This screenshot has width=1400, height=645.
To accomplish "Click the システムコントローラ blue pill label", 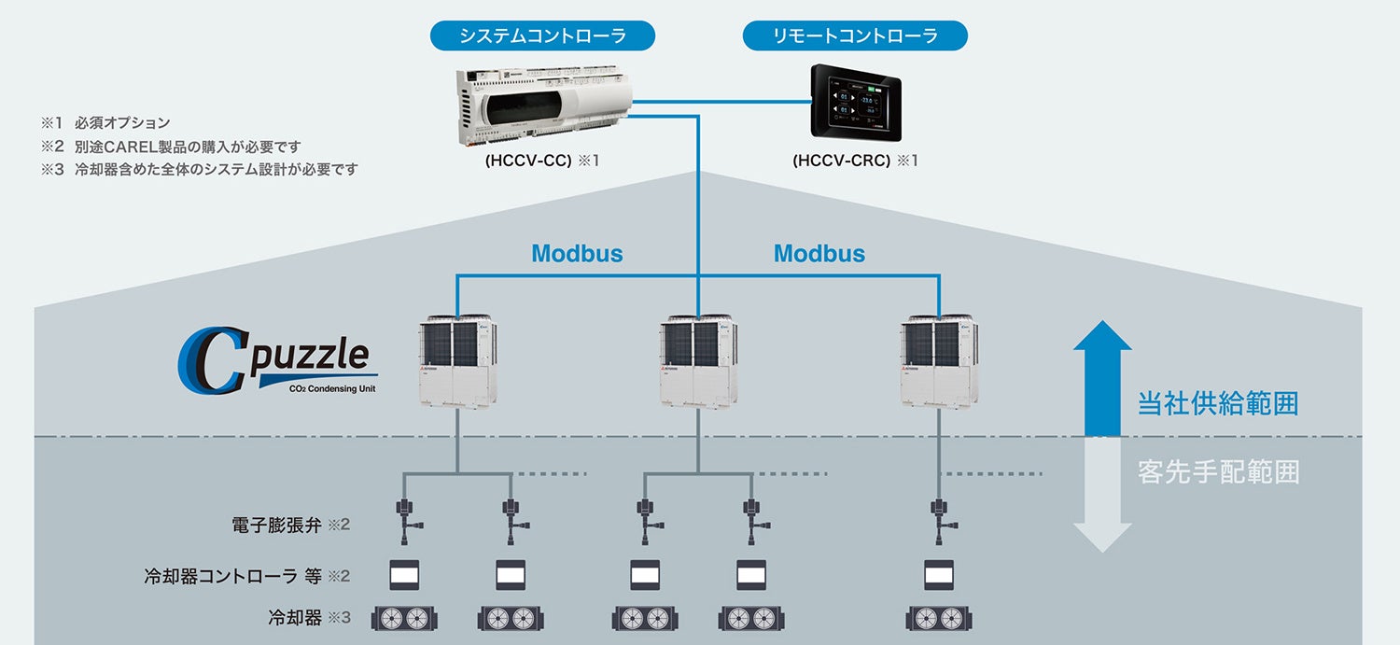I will pyautogui.click(x=542, y=36).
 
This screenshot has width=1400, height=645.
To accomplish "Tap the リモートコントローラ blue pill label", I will pyautogui.click(x=855, y=36).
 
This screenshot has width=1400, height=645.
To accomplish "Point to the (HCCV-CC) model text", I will pyautogui.click(x=528, y=161).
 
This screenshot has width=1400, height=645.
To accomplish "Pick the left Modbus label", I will pyautogui.click(x=577, y=254).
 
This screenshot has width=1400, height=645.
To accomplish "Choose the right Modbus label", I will pyautogui.click(x=819, y=254).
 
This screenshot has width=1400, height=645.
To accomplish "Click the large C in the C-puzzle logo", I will pyautogui.click(x=211, y=363).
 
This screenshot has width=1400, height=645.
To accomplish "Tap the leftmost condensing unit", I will pyautogui.click(x=457, y=362).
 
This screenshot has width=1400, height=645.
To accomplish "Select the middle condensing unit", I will pyautogui.click(x=699, y=362).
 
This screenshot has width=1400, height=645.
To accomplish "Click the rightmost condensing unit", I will pyautogui.click(x=940, y=362).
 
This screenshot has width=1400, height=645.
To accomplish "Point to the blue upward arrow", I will pyautogui.click(x=1102, y=377).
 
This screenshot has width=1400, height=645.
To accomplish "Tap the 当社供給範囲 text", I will pyautogui.click(x=1218, y=404).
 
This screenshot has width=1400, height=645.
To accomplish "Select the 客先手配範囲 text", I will pyautogui.click(x=1218, y=472).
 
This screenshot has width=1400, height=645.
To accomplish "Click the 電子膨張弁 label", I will pyautogui.click(x=276, y=526).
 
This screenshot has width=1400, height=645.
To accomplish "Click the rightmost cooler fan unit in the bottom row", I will pyautogui.click(x=939, y=618).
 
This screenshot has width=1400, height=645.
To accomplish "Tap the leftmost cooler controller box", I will pyautogui.click(x=404, y=574).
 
